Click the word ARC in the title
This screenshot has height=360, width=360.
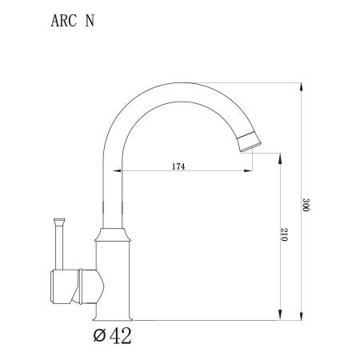pos(63,22)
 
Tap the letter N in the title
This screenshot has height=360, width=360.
pos(90,22)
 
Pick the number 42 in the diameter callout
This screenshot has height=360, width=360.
pos(121,335)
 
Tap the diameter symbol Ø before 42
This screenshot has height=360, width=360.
pos(98,336)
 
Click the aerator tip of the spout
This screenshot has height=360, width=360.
pos(250,142)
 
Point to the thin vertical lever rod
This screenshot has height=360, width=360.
pos(58,245)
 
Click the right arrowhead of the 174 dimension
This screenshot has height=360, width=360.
pos(251,171)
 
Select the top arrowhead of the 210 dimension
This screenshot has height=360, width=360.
pos(280,158)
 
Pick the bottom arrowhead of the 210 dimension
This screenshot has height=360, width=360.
pos(280,316)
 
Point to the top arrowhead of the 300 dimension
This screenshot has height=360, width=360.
pos(302,84)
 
